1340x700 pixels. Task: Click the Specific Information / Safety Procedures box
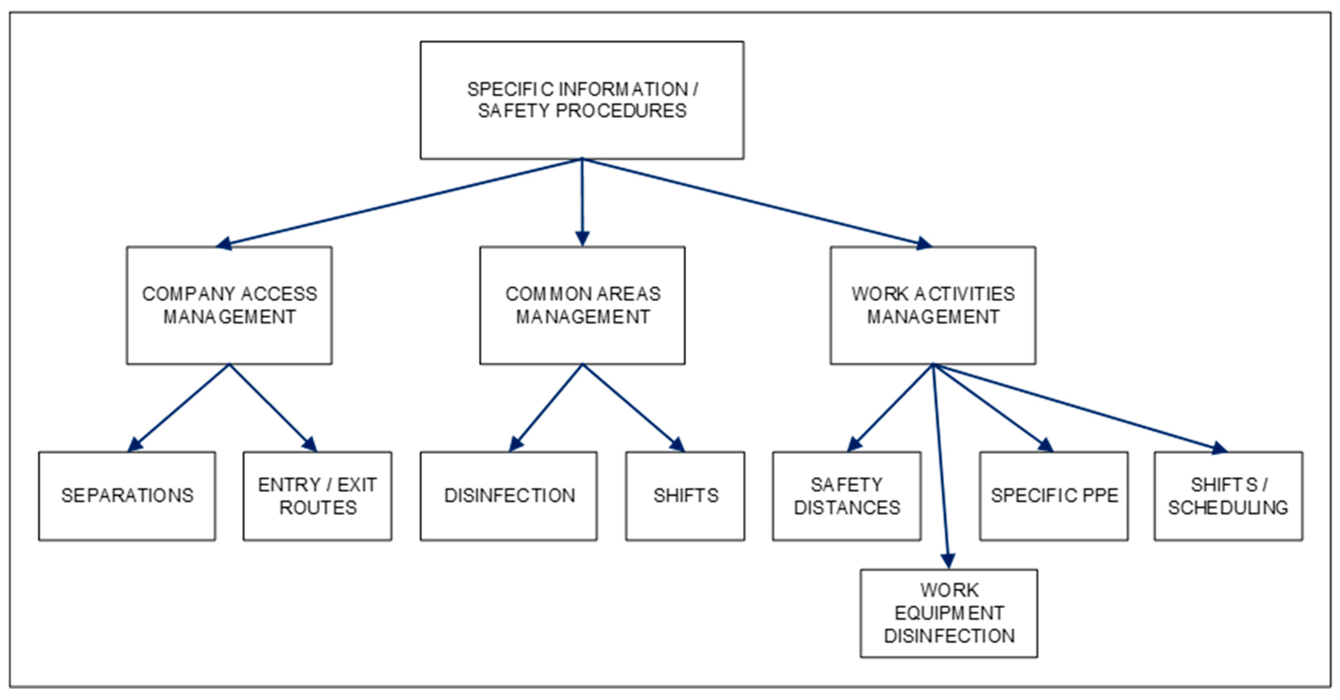tap(582, 100)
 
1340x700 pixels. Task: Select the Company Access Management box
tap(229, 305)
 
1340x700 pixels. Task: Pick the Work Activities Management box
tap(933, 305)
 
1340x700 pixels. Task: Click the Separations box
tap(127, 496)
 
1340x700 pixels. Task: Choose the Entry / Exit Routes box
tap(317, 496)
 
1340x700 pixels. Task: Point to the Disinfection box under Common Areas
tap(509, 496)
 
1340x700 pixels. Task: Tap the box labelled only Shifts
tap(685, 496)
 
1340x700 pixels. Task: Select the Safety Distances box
tap(846, 496)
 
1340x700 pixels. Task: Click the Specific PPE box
tap(1054, 496)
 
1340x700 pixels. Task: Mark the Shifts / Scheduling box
tap(1228, 496)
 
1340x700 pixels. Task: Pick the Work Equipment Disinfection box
tap(949, 613)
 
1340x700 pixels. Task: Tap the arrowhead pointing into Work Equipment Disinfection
tap(948, 561)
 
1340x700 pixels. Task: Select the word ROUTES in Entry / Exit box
tap(318, 508)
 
